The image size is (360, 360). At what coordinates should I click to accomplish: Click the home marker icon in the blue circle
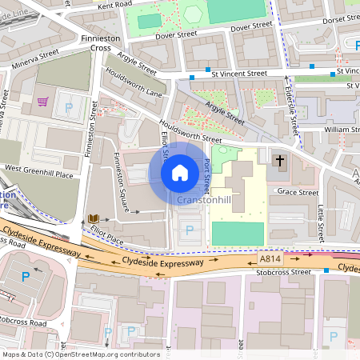pyautogui.click(x=180, y=172)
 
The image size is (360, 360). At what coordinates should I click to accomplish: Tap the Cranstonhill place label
pyautogui.click(x=205, y=199)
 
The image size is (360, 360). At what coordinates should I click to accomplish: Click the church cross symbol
pyautogui.click(x=280, y=161)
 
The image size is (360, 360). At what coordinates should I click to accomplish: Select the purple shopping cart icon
pyautogui.click(x=42, y=102)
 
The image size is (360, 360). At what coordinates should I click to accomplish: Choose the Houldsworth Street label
pyautogui.click(x=190, y=131)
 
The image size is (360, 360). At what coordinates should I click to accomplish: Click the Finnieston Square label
pyautogui.click(x=122, y=182)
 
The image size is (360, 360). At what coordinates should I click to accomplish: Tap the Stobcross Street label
pyautogui.click(x=278, y=272)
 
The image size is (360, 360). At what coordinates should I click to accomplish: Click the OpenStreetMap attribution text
pyautogui.click(x=81, y=354)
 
